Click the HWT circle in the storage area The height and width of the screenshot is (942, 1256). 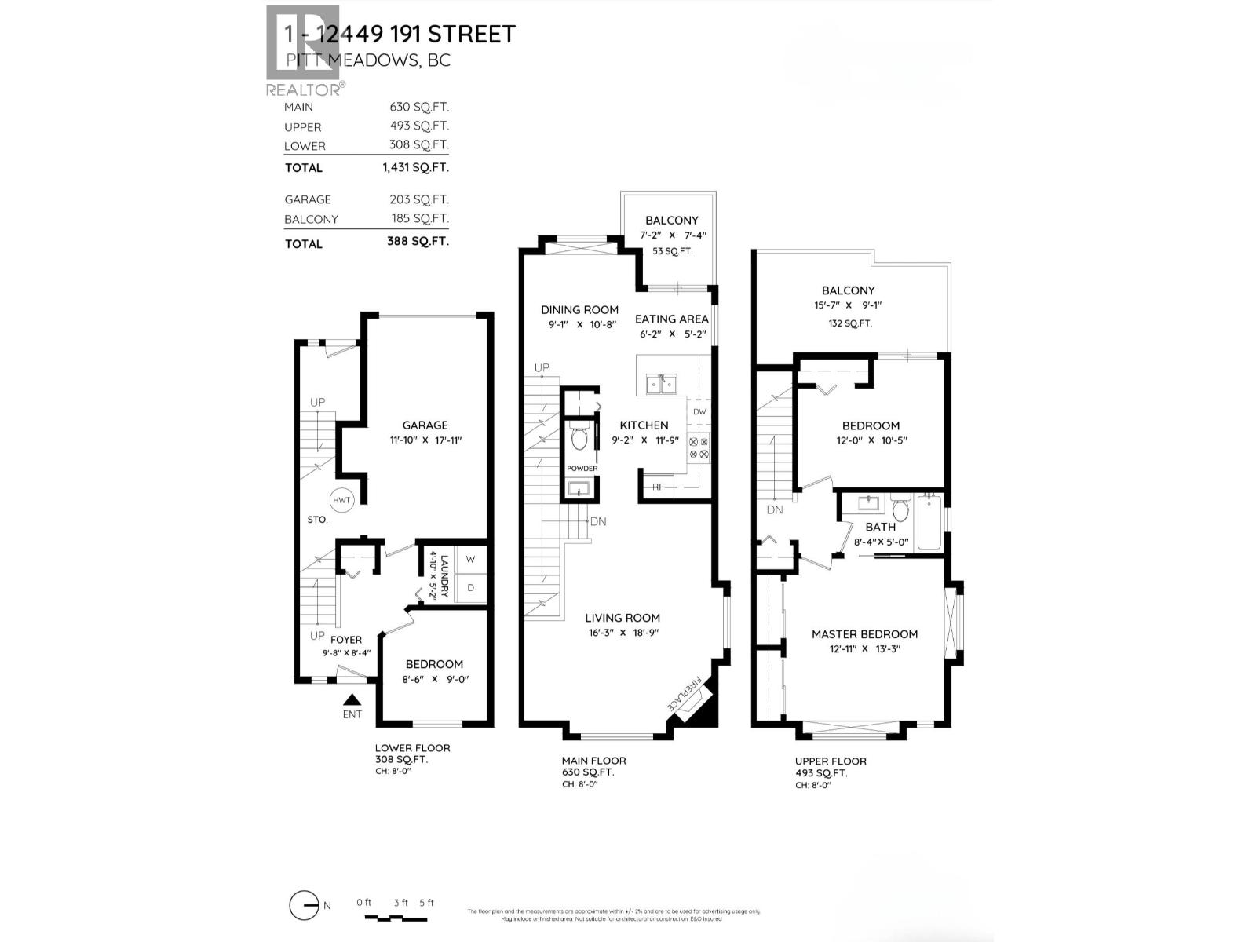click(341, 500)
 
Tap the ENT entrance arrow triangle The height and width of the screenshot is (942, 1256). click(352, 699)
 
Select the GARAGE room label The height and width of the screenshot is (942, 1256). click(425, 425)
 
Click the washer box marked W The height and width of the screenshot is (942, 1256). click(470, 560)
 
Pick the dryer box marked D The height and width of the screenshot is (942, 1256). click(470, 587)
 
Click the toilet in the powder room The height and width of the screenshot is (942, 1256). click(579, 436)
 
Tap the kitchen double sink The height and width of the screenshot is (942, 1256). click(662, 385)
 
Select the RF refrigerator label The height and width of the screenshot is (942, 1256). click(658, 487)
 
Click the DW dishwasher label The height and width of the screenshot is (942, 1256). click(699, 411)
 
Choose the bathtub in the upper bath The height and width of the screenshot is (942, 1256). click(930, 522)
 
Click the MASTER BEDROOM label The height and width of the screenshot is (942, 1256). click(864, 634)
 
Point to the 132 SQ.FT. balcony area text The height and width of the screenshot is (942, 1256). click(848, 323)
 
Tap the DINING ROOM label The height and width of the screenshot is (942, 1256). click(579, 310)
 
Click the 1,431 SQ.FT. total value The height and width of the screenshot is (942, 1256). click(415, 167)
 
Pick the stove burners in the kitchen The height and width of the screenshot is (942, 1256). click(699, 448)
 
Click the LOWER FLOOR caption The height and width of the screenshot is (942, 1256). click(412, 748)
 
